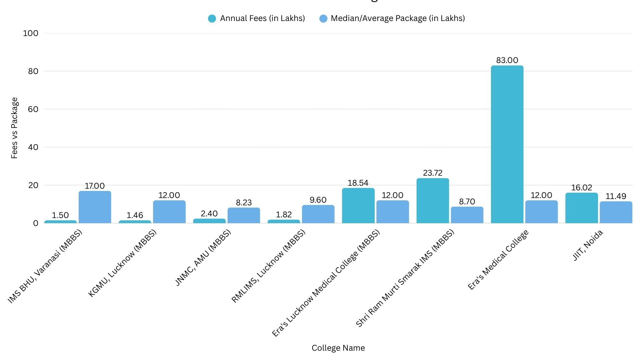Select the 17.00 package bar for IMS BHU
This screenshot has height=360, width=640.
[95, 207]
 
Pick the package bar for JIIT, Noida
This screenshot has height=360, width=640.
[616, 212]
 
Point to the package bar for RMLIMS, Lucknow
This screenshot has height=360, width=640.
[318, 214]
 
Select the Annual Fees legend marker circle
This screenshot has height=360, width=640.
[212, 19]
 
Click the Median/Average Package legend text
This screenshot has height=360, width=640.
[398, 18]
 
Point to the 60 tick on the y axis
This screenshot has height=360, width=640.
[33, 109]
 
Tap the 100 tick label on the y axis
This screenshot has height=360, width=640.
[31, 33]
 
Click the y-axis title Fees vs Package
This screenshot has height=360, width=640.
[14, 128]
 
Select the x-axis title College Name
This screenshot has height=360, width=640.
[338, 348]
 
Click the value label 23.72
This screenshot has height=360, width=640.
[433, 173]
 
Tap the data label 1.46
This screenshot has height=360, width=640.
[135, 215]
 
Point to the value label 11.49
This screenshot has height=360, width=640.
[616, 196]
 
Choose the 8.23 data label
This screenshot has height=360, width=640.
[244, 203]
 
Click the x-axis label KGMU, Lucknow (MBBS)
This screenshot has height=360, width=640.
[122, 263]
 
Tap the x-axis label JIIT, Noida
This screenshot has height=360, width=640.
[588, 245]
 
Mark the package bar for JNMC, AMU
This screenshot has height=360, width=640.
[244, 215]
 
